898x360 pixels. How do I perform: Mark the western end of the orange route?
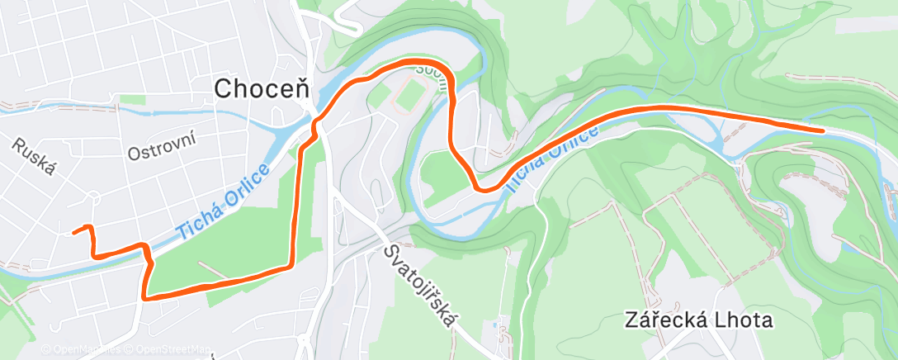[x=74, y=232]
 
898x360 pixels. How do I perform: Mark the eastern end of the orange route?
[x=822, y=130]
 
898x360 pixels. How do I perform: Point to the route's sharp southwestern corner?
[x=144, y=296]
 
